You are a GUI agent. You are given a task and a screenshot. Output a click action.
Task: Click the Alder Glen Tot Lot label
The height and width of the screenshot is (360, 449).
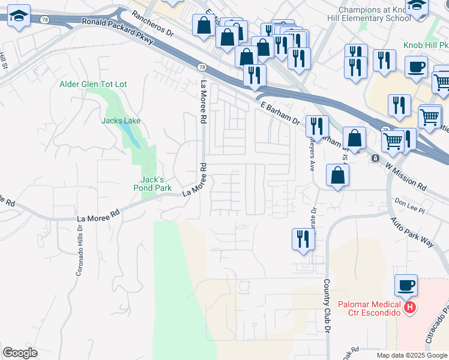93,84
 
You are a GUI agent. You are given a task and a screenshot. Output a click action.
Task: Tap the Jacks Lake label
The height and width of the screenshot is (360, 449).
121,121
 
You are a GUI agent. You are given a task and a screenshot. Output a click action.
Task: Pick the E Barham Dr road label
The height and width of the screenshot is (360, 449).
280,111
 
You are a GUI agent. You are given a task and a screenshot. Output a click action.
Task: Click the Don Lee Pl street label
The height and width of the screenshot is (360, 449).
409,206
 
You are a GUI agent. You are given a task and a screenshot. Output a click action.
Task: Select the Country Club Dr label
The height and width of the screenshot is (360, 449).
327,306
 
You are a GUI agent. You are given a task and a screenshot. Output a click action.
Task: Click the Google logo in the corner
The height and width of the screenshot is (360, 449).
20,353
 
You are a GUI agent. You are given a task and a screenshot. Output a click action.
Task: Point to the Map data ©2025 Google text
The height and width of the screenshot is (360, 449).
411,355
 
